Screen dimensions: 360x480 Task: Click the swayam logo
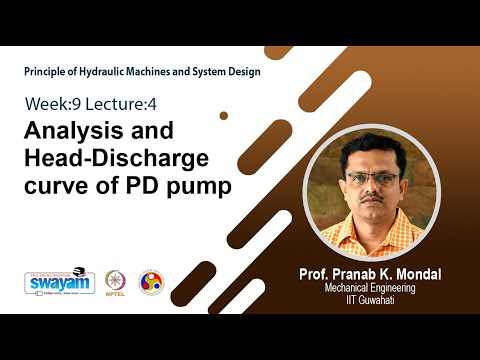pyautogui.click(x=60, y=282)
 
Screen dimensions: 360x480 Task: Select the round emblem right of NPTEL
pyautogui.click(x=150, y=282)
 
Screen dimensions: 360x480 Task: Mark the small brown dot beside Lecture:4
pyautogui.click(x=224, y=115)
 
